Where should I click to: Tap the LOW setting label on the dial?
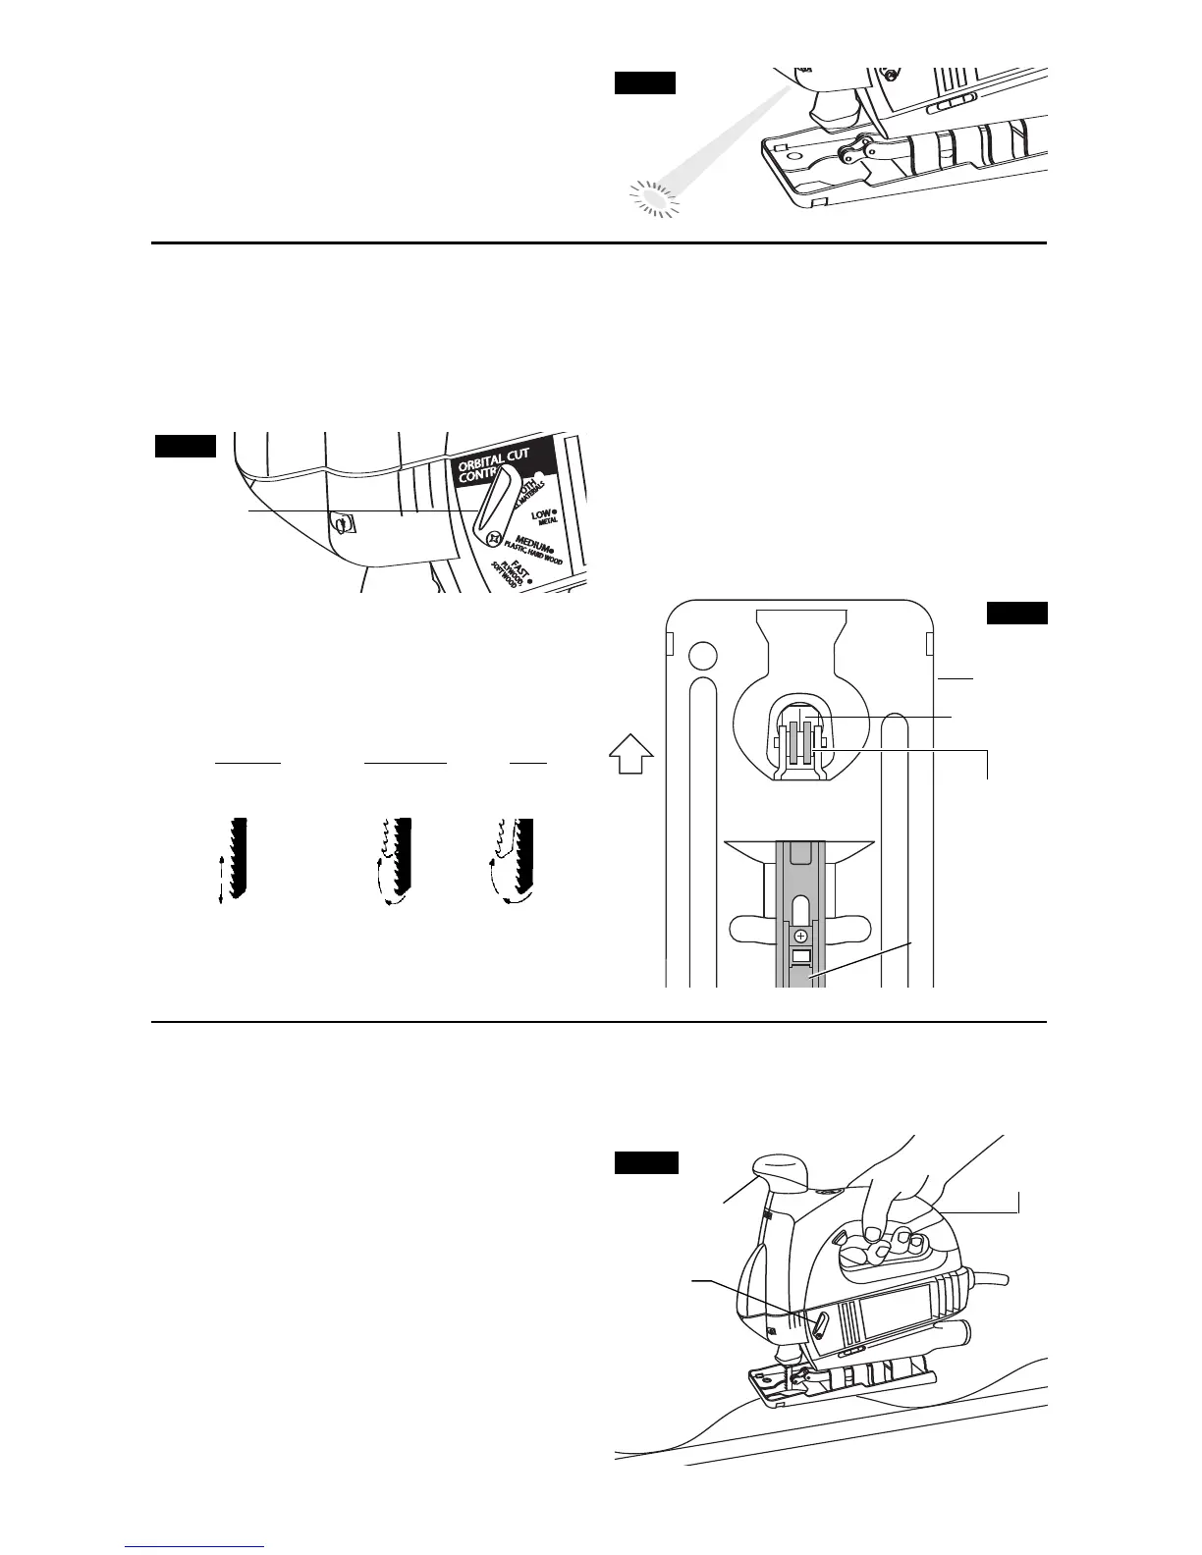pos(541,513)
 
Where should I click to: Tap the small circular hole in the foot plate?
pos(702,655)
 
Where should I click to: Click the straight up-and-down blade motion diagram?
pos(234,858)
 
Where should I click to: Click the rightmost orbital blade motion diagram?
pos(517,858)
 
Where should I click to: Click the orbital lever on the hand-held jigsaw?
pos(819,1326)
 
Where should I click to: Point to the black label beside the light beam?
pos(645,81)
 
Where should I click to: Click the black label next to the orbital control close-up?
pos(185,447)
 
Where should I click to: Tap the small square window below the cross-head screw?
pos(801,956)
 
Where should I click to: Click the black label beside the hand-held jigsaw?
pos(646,1162)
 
